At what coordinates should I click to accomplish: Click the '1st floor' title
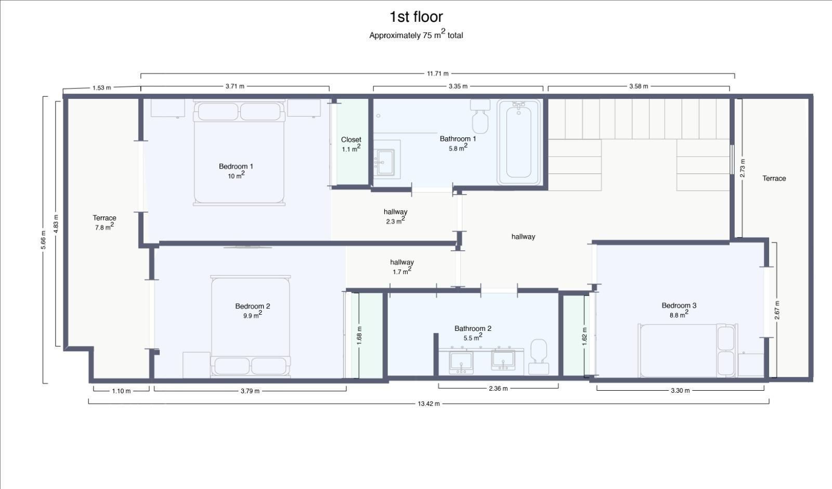click(416, 17)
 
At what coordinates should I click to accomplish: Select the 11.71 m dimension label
click(437, 73)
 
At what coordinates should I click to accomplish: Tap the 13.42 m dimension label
click(428, 404)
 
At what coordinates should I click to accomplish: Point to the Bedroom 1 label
click(236, 166)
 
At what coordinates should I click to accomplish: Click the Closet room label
click(351, 139)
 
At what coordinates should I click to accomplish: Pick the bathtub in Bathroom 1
click(518, 143)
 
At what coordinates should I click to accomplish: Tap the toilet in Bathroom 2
click(539, 356)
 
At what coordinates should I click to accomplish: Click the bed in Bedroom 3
click(687, 351)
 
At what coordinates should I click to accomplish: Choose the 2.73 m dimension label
click(743, 168)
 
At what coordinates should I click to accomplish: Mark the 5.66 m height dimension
click(44, 240)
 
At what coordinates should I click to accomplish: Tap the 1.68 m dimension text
click(359, 336)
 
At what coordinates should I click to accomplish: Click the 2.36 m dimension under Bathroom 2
click(498, 388)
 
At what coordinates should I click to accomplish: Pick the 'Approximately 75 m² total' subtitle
click(416, 35)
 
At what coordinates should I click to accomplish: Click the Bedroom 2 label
click(253, 306)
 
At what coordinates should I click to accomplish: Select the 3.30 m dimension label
click(680, 391)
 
